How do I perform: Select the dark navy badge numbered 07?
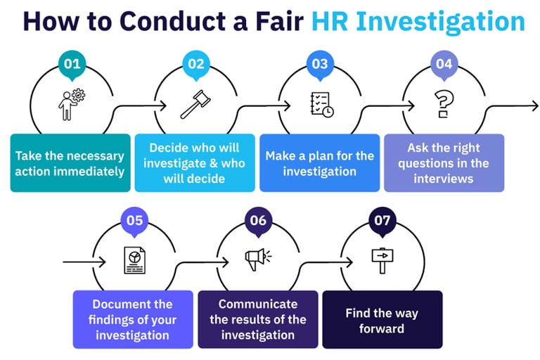pyautogui.click(x=382, y=221)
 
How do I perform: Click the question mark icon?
pyautogui.click(x=442, y=104)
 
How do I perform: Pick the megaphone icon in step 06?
pyautogui.click(x=257, y=260)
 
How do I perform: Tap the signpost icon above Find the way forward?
pyautogui.click(x=381, y=260)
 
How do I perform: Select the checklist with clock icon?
pyautogui.click(x=321, y=104)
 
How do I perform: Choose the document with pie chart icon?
pyautogui.click(x=134, y=260)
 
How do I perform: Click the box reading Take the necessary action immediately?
pyautogui.click(x=70, y=163)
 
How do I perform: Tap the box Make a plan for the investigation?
pyautogui.click(x=319, y=163)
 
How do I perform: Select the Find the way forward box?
pyautogui.click(x=382, y=320)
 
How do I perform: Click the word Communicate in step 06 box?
pyautogui.click(x=257, y=304)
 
